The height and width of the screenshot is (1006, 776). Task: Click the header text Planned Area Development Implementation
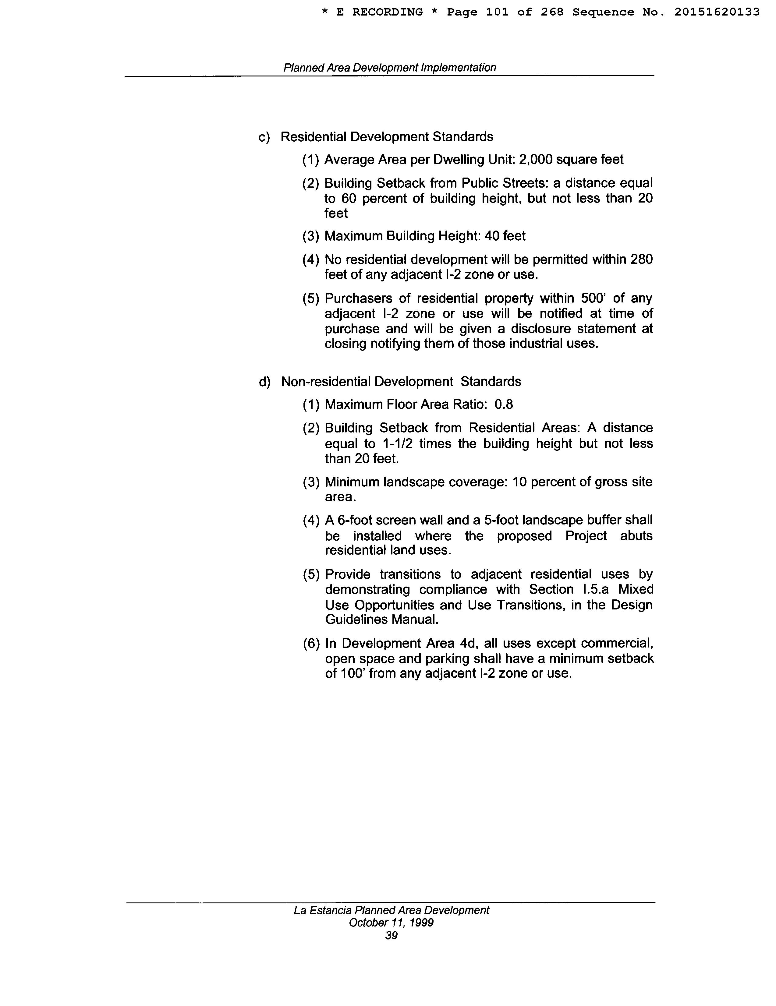[x=389, y=68]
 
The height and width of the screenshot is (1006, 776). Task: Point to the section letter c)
[x=264, y=137]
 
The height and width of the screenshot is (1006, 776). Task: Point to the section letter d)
[x=264, y=382]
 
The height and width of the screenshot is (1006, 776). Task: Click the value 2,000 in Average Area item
[x=535, y=160]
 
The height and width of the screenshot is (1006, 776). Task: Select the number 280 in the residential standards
[x=641, y=260]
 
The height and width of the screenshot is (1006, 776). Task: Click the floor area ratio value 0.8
[x=504, y=404]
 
